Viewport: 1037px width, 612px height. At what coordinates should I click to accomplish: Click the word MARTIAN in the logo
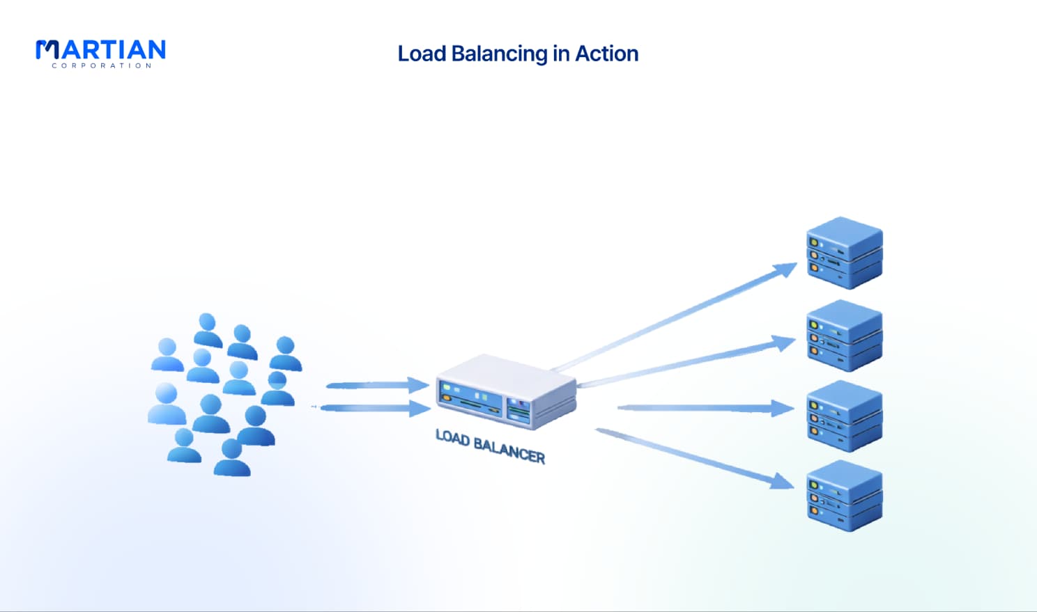100,49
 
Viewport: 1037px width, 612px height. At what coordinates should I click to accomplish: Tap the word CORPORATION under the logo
101,65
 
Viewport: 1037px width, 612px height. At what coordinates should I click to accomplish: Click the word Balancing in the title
500,54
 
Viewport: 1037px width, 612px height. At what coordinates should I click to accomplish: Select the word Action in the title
606,54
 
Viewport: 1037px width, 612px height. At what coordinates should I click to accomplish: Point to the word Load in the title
422,54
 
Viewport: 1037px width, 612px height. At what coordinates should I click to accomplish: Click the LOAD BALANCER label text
490,446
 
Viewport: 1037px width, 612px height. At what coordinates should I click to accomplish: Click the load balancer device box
507,392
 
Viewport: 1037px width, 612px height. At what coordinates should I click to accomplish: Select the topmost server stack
845,253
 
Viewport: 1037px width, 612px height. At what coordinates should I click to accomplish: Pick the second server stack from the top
845,336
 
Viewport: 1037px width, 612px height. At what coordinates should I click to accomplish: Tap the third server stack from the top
845,416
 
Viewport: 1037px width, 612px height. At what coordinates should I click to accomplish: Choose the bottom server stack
845,496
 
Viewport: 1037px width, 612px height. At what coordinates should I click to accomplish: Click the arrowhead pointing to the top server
785,269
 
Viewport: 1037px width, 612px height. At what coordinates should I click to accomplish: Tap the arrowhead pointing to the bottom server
783,481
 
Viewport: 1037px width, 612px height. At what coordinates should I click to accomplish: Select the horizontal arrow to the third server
706,408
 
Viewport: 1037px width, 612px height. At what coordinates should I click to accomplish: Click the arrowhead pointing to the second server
784,343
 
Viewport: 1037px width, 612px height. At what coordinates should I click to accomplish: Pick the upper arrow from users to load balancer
378,385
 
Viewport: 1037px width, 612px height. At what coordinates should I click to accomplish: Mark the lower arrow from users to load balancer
376,408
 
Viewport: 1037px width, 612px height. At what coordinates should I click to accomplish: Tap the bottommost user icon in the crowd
232,458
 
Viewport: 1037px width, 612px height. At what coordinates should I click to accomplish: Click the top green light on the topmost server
813,242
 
